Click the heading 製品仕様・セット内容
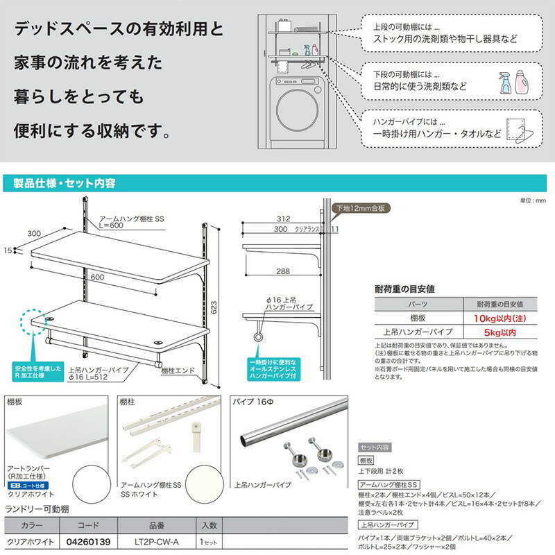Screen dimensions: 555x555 [65, 183]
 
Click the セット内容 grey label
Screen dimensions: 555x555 [375, 447]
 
